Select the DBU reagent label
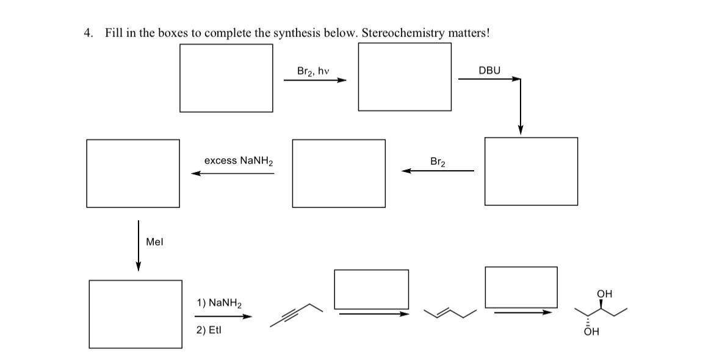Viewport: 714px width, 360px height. click(489, 71)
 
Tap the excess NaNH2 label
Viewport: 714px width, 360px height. click(239, 161)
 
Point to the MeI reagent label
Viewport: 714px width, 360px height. click(154, 242)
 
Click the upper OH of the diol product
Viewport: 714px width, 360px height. click(604, 294)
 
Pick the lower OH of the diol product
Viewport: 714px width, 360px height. click(591, 333)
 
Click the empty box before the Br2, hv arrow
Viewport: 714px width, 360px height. click(226, 78)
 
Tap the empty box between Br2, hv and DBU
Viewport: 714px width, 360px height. click(405, 77)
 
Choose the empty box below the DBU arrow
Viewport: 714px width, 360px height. click(530, 171)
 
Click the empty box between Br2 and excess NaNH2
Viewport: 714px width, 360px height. click(339, 173)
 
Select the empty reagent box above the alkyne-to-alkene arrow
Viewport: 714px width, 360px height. click(371, 289)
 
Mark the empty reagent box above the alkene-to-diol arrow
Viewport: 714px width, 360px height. click(521, 287)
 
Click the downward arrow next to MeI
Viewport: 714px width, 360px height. click(139, 245)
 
